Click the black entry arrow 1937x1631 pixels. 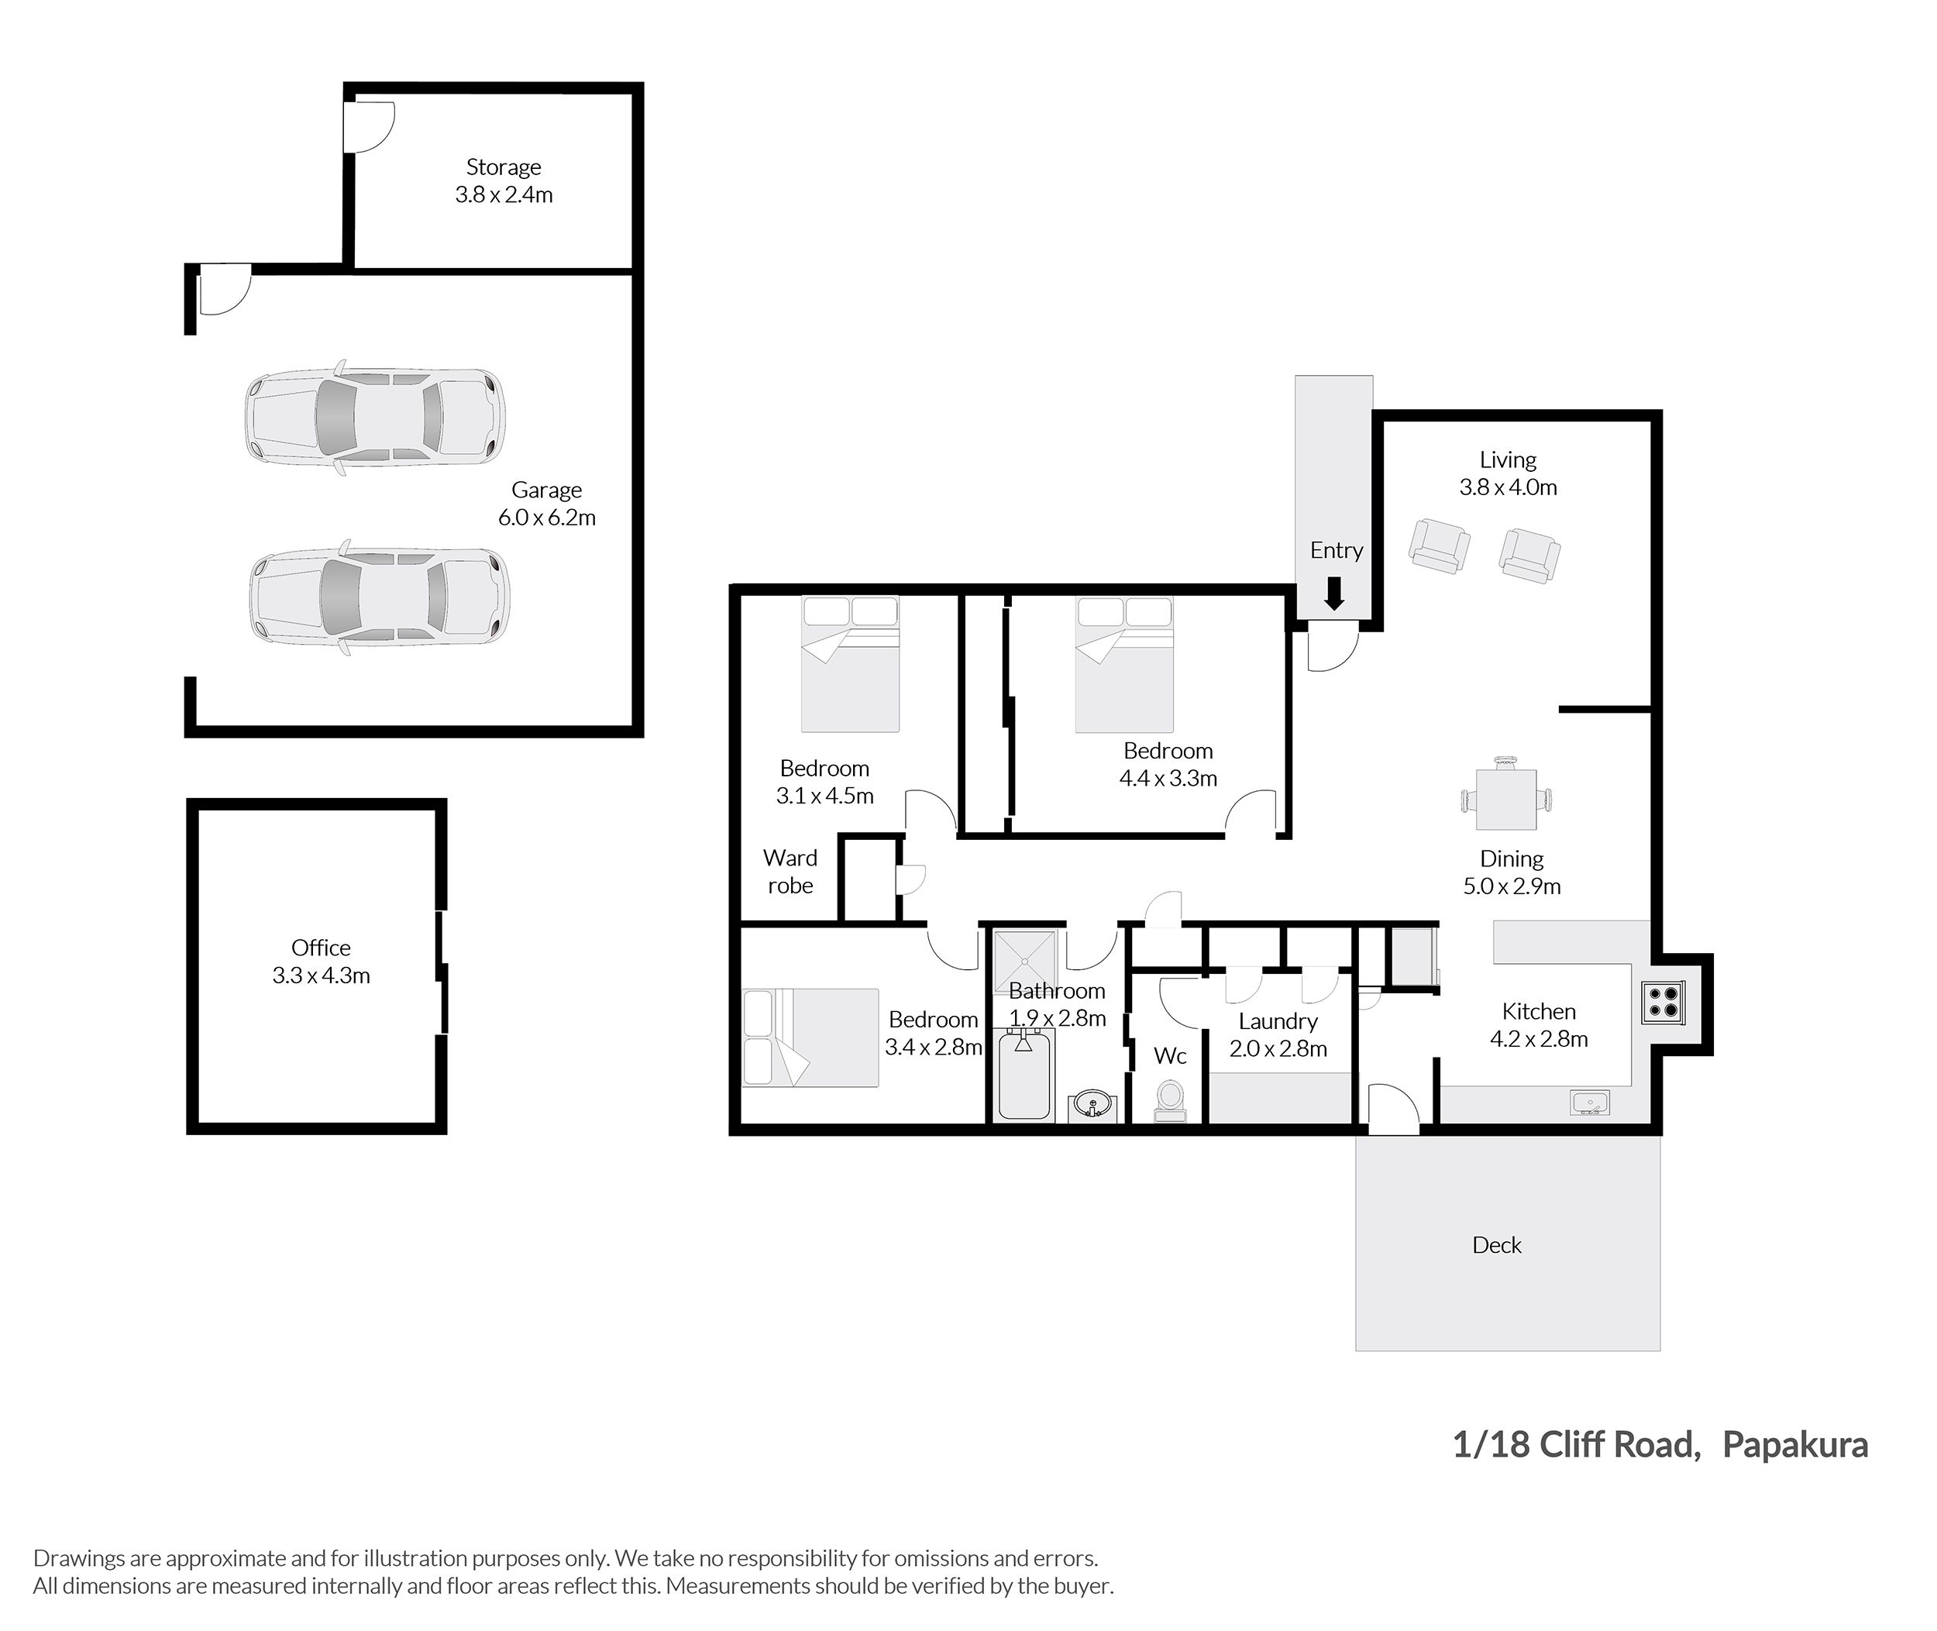point(1333,594)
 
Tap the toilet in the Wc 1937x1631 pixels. point(1171,1101)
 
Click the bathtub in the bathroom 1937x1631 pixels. point(1024,1076)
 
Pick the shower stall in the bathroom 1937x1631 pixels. point(1024,962)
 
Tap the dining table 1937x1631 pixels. point(1507,799)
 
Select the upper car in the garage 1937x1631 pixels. point(375,417)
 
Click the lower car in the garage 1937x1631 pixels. point(379,597)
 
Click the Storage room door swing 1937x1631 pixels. point(369,126)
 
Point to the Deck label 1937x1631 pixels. point(1496,1245)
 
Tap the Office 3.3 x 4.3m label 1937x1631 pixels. point(321,962)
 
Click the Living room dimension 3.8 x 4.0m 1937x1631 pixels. point(1508,487)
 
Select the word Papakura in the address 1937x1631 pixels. point(1794,1444)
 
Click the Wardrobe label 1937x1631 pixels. point(790,872)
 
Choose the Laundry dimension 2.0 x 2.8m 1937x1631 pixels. point(1278,1048)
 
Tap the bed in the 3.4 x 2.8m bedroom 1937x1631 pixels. point(811,1037)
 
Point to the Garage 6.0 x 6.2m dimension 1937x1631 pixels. point(546,518)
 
